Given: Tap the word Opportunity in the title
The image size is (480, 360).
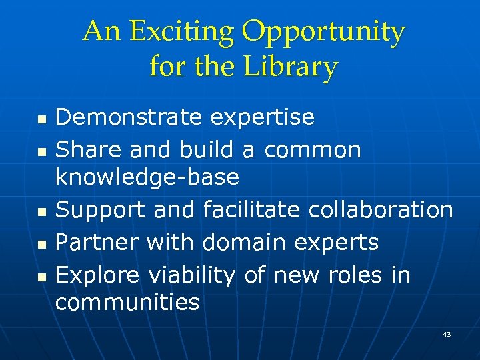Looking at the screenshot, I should point(323,33).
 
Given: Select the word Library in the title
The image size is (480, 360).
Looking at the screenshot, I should point(291,67).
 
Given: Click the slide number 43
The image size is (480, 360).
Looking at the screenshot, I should point(446,334).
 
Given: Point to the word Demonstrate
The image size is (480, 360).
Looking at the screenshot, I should point(128,117).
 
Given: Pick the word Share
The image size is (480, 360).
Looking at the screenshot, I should point(89,151).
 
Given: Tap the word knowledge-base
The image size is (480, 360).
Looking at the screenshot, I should point(147,177).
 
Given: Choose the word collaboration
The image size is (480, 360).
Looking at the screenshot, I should point(381,211).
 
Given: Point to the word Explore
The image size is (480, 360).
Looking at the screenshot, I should point(97,275).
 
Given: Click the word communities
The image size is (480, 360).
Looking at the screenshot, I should point(127,303).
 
